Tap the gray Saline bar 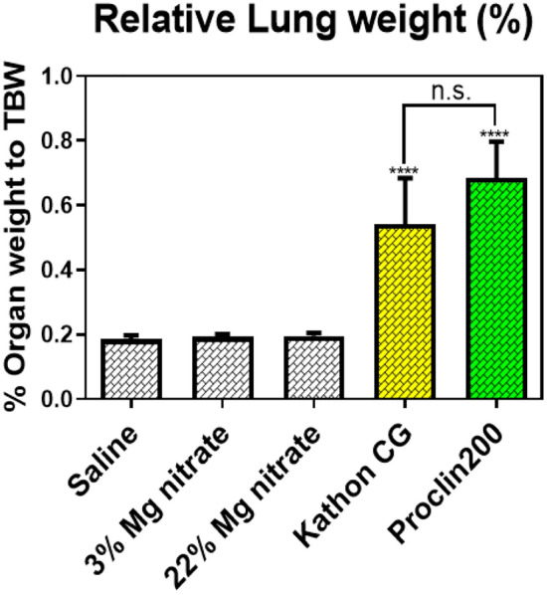131,369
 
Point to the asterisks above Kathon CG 402,171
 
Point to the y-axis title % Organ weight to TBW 19,239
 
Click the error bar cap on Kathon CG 402,179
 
